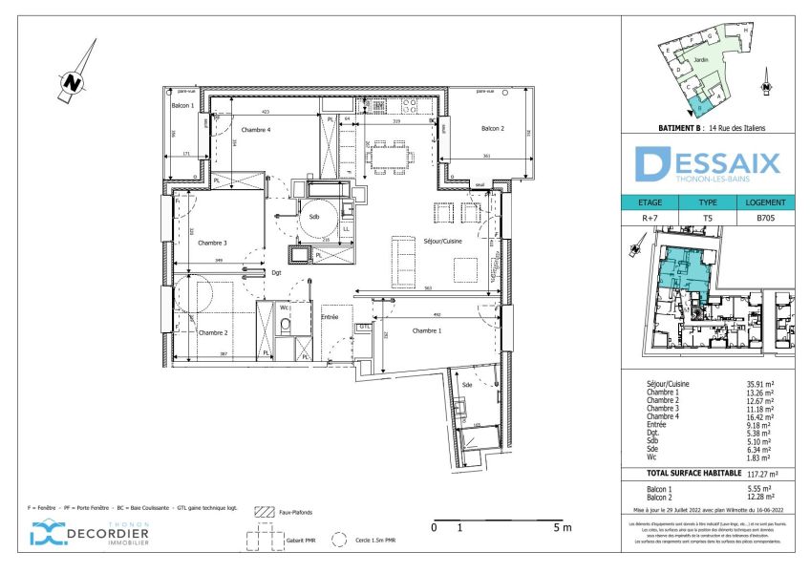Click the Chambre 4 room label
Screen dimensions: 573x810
(x=256, y=130)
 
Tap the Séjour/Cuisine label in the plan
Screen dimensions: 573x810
(x=442, y=242)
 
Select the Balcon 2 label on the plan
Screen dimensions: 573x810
(x=493, y=129)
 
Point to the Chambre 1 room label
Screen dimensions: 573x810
(x=427, y=330)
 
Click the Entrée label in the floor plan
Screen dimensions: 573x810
(x=330, y=317)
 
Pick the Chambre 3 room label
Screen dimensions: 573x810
(x=213, y=243)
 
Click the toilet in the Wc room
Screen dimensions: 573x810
(x=285, y=327)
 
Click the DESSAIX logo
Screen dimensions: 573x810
(x=708, y=163)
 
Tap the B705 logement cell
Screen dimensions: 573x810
(x=764, y=219)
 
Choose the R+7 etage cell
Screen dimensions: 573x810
(x=650, y=219)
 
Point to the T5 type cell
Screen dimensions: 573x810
(x=708, y=219)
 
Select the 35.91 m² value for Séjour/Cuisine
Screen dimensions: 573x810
(x=760, y=383)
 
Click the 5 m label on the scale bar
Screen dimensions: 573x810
(x=562, y=527)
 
